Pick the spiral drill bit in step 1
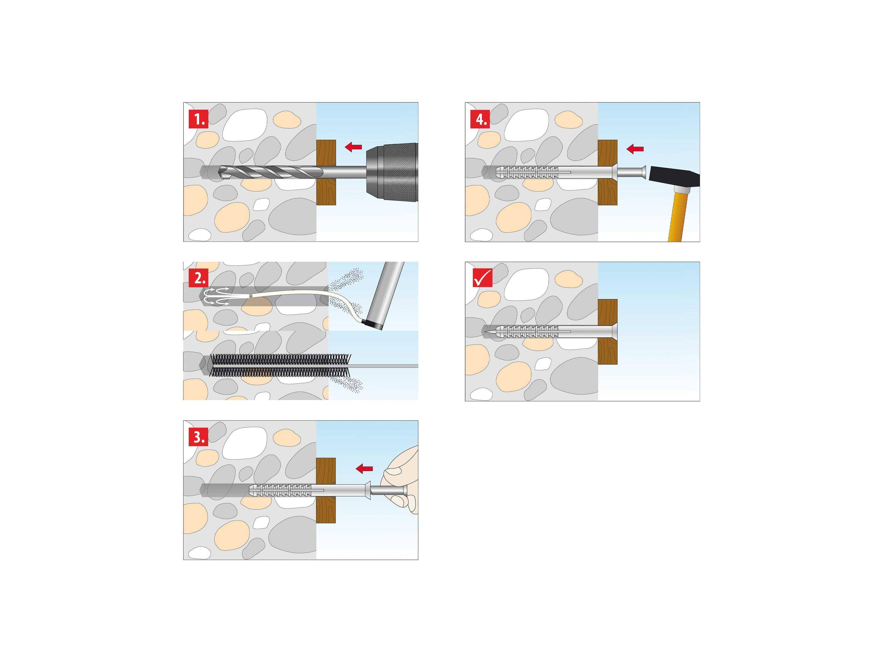pos(271,172)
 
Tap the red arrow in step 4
pos(635,149)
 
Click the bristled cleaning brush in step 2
pos(279,365)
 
